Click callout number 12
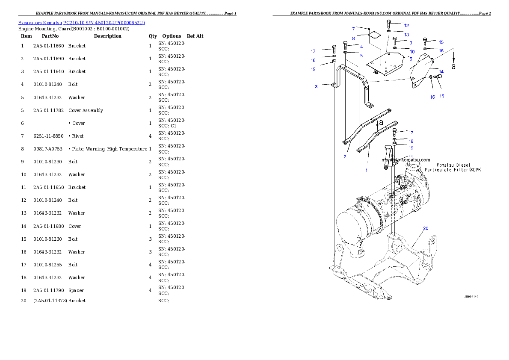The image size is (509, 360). click(406, 26)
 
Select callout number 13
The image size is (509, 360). click(406, 35)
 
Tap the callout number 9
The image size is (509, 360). click(410, 43)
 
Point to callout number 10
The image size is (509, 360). click(412, 52)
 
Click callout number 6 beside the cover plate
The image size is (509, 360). click(410, 59)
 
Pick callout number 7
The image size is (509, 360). click(354, 29)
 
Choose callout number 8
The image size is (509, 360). click(354, 38)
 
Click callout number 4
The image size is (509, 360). click(361, 47)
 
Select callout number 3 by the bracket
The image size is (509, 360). click(316, 86)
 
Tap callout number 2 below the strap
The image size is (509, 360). click(345, 156)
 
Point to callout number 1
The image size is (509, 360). click(366, 170)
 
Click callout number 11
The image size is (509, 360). click(410, 157)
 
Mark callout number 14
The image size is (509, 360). click(441, 71)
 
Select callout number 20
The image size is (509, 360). click(426, 228)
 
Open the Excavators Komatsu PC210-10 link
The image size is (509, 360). click(81, 22)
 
